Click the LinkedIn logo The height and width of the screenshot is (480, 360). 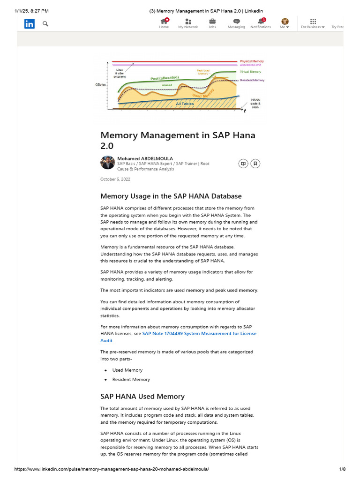tap(30, 24)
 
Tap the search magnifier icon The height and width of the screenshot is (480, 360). tap(45, 23)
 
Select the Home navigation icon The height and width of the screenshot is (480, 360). tap(164, 21)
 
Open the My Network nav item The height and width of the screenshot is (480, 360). tap(188, 21)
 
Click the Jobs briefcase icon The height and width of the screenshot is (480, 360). tap(212, 21)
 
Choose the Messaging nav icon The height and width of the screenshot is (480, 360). tap(237, 21)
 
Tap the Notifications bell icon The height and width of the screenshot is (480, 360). tap(261, 21)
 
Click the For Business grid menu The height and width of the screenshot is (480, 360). tap(313, 21)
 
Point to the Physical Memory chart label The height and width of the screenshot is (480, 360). tap(252, 61)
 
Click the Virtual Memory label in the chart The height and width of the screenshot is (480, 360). tap(251, 72)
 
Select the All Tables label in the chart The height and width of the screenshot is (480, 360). tap(185, 104)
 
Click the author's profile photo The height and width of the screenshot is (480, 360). tap(107, 163)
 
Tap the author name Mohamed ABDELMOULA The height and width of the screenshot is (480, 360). tap(145, 158)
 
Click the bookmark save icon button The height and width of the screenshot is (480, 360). tap(255, 164)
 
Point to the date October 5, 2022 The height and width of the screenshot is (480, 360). tap(115, 179)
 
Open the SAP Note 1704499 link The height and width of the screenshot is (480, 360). tap(199, 334)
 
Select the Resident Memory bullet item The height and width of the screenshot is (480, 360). tap(131, 379)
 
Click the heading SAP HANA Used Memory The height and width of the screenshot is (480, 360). tap(142, 396)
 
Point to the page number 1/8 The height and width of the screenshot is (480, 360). tap(342, 469)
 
